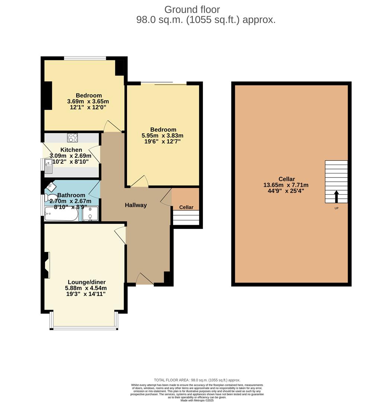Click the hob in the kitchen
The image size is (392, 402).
click(x=73, y=137)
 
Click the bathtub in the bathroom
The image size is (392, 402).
click(x=61, y=214)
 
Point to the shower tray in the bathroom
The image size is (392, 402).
click(x=90, y=213)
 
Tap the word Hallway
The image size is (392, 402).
click(x=136, y=205)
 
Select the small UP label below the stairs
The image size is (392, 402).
click(x=336, y=208)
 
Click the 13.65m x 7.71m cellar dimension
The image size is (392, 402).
click(x=286, y=185)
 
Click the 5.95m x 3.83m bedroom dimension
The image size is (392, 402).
click(x=162, y=135)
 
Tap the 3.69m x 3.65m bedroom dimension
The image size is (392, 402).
click(x=88, y=101)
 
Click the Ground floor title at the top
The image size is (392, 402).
click(x=192, y=9)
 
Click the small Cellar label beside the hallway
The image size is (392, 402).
click(x=186, y=207)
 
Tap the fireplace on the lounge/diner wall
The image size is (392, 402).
click(x=47, y=265)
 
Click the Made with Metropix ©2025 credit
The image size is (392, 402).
click(x=198, y=400)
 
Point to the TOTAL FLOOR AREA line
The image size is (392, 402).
click(x=197, y=380)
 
